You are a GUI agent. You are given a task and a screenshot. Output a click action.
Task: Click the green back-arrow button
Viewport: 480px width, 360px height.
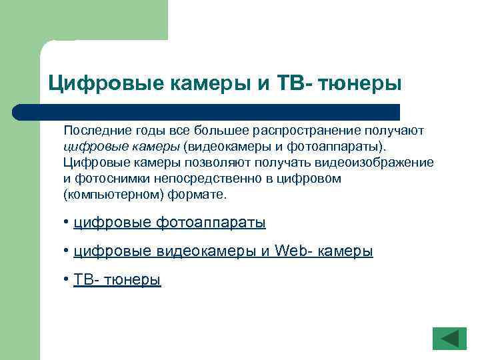pyautogui.click(x=449, y=338)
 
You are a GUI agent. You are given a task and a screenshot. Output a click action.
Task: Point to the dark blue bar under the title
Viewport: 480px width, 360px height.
pyautogui.click(x=207, y=111)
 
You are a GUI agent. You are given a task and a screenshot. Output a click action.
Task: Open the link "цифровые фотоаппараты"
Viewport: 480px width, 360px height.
pyautogui.click(x=169, y=223)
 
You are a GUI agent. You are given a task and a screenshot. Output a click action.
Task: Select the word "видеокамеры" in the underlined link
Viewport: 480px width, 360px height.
pyautogui.click(x=206, y=251)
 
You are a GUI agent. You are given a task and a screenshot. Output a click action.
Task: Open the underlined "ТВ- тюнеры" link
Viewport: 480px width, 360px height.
pyautogui.click(x=117, y=280)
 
